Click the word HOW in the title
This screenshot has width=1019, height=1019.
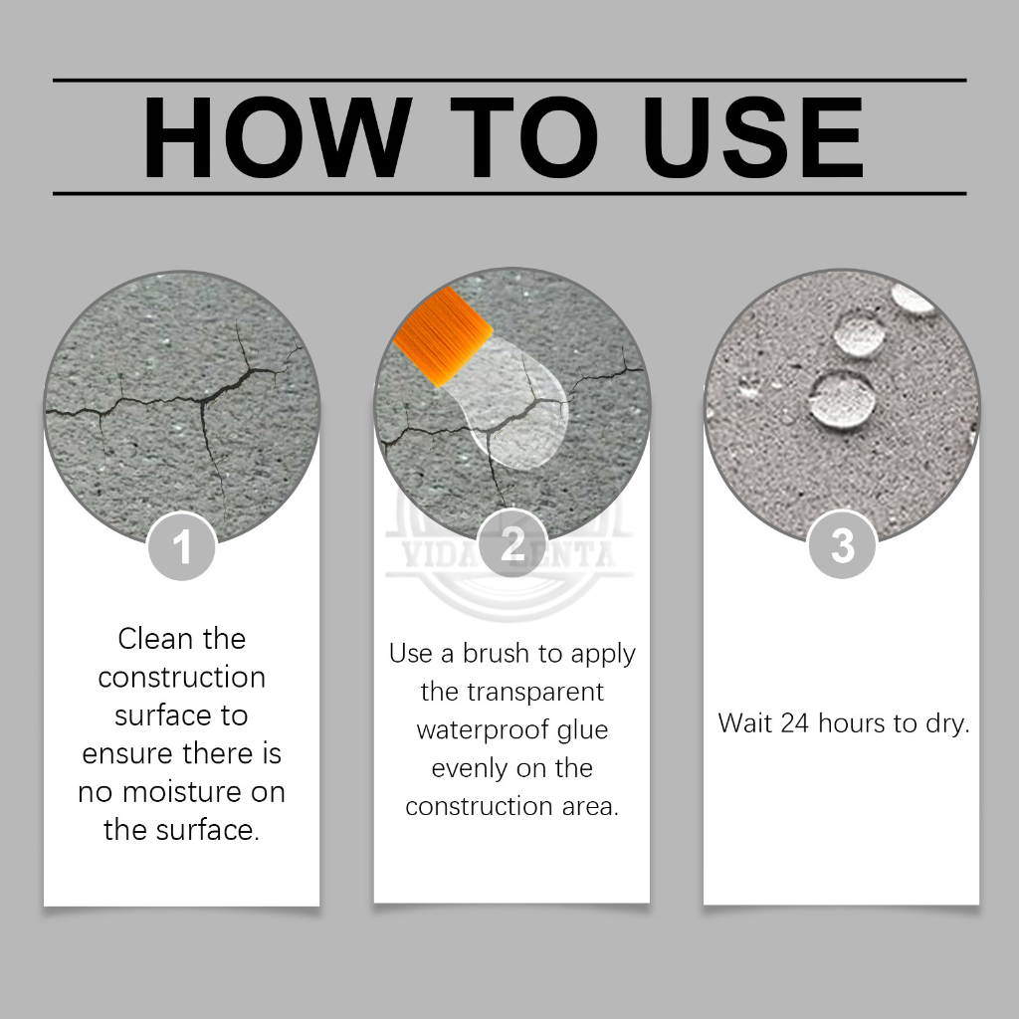[278, 137]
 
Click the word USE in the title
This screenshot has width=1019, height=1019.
[754, 137]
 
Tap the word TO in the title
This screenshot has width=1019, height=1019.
[523, 137]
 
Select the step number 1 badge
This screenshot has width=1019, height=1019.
[182, 546]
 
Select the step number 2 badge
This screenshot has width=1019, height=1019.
[512, 543]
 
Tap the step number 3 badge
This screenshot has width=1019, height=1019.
[842, 544]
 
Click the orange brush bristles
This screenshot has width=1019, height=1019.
[443, 336]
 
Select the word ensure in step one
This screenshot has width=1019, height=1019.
[127, 753]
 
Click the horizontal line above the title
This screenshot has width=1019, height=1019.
[509, 81]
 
